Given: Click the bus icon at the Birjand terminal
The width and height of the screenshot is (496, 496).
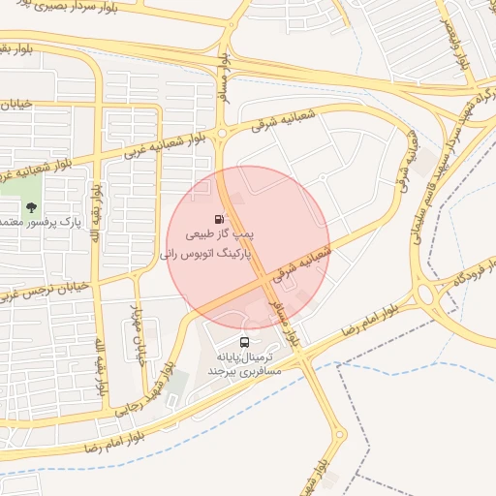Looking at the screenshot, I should click(x=243, y=342).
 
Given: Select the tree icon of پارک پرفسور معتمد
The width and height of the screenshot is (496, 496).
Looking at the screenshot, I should click(x=32, y=206).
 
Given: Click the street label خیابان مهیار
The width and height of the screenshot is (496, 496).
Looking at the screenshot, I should click(x=136, y=325).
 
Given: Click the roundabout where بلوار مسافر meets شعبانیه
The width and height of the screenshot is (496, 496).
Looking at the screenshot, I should click(x=222, y=134).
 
